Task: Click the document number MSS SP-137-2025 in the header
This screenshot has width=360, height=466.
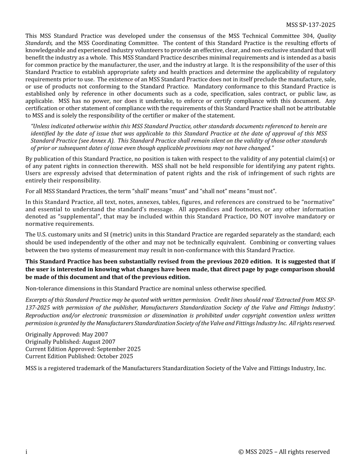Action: (310, 25)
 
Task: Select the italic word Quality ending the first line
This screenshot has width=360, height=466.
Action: (326, 36)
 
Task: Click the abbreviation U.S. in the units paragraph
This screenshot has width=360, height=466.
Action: (43, 235)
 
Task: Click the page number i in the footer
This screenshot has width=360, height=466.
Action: (26, 452)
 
